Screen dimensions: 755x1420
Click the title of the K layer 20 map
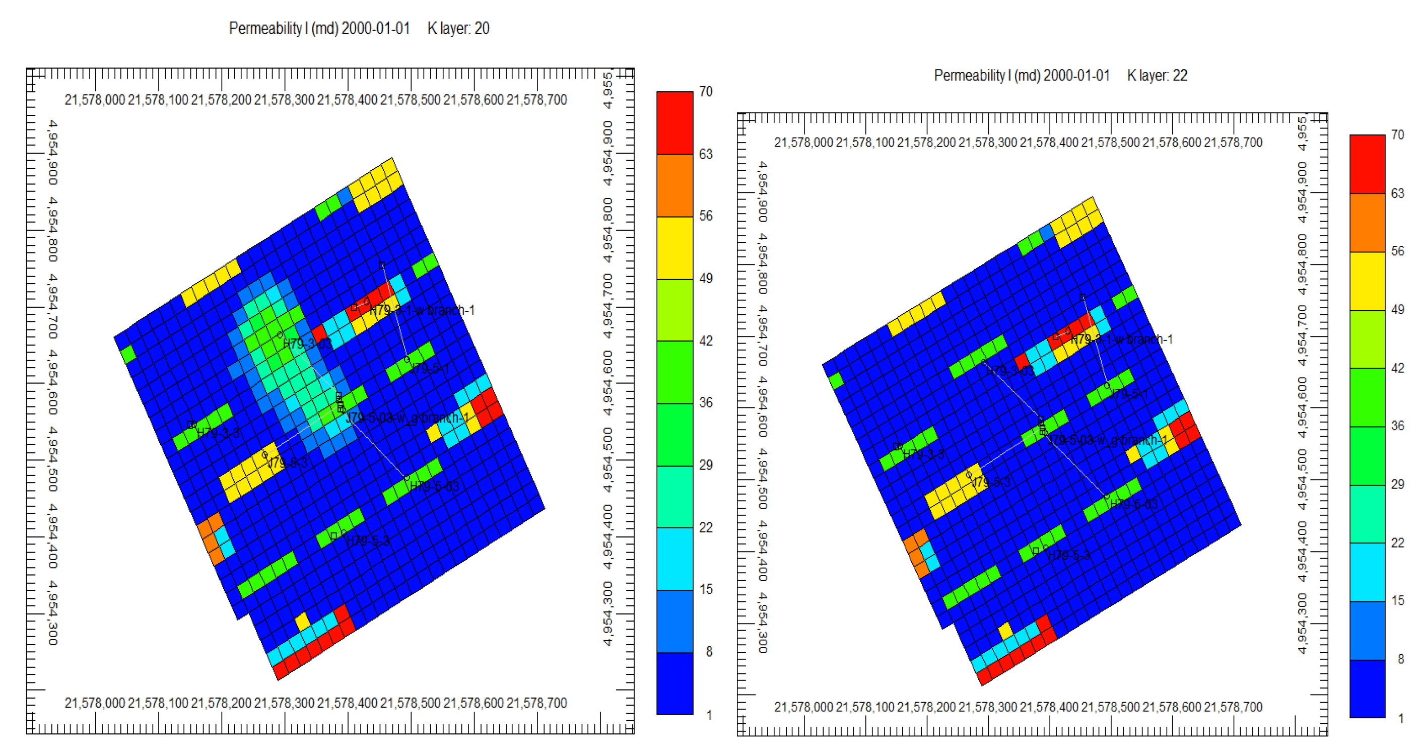[359, 28]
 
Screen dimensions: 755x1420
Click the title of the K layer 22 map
[1060, 76]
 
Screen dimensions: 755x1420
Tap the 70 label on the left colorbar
[706, 92]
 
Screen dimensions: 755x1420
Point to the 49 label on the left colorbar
[706, 279]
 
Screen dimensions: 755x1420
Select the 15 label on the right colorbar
[1397, 601]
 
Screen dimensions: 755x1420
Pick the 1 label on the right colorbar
[1401, 718]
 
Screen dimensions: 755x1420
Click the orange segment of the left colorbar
[674, 185]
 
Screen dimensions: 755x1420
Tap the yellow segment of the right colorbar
[1367, 281]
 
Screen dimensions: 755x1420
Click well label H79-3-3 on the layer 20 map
[218, 433]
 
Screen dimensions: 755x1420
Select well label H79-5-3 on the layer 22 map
[1068, 555]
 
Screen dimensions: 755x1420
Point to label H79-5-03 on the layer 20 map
[434, 486]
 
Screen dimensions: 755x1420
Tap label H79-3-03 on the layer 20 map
[307, 345]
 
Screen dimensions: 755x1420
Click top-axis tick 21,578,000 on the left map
[95, 100]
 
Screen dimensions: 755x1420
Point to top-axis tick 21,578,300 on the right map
[987, 143]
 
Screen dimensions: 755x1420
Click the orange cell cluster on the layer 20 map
[211, 537]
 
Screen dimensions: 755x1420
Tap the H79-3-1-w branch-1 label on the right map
[1121, 339]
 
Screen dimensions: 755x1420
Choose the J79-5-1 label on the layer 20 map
[430, 369]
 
